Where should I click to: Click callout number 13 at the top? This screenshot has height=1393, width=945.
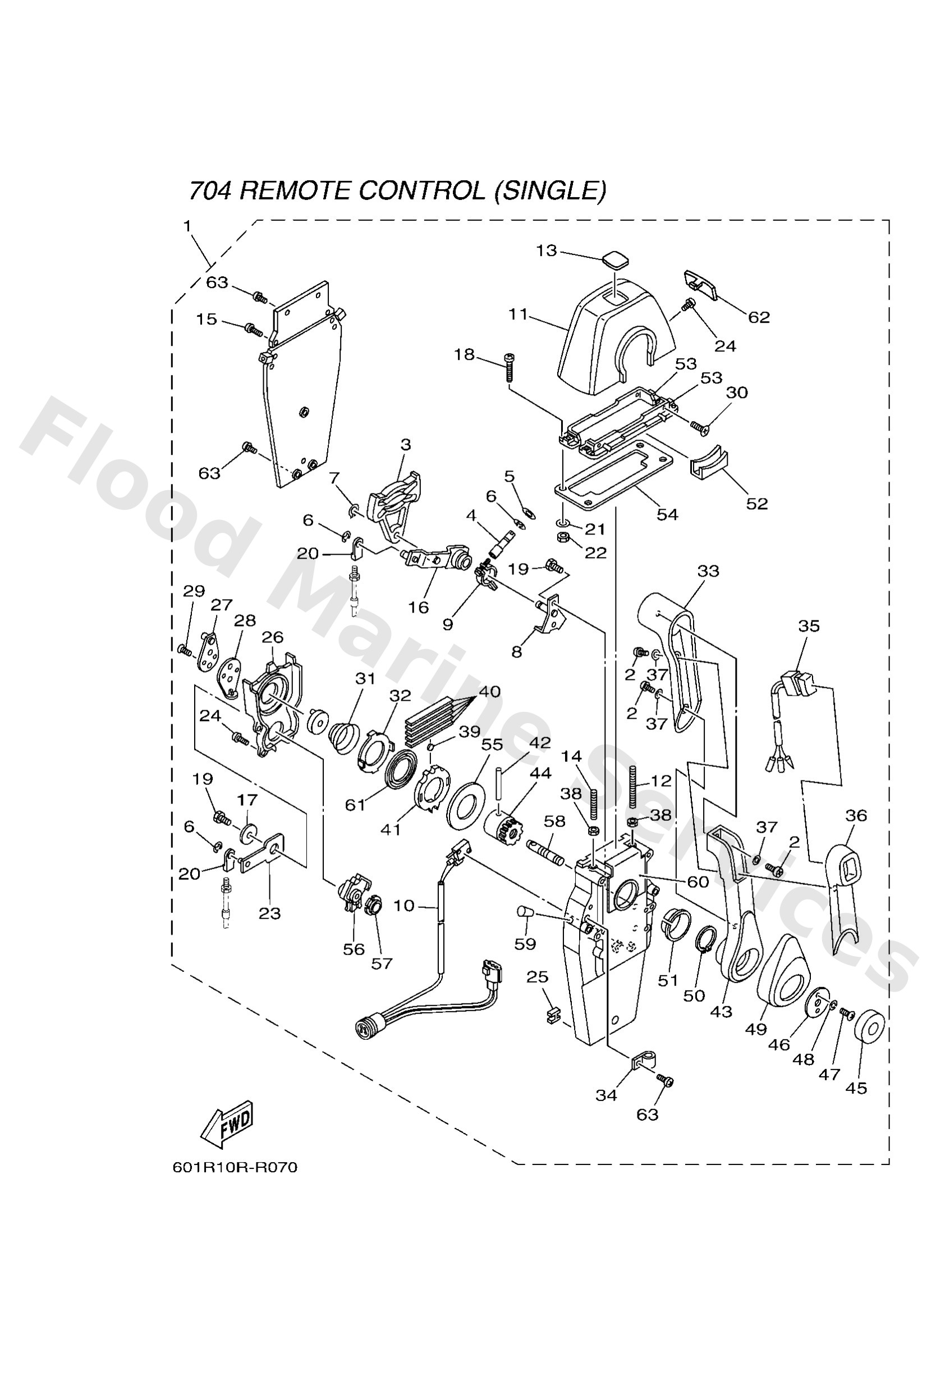546,250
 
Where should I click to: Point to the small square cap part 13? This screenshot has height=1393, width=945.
616,261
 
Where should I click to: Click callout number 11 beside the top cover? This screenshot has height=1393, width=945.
519,314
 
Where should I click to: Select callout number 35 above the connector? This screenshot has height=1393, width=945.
809,626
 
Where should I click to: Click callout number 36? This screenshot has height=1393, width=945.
856,815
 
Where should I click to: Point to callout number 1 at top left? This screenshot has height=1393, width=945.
187,227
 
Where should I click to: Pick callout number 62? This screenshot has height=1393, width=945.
759,317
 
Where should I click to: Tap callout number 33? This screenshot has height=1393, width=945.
708,571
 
